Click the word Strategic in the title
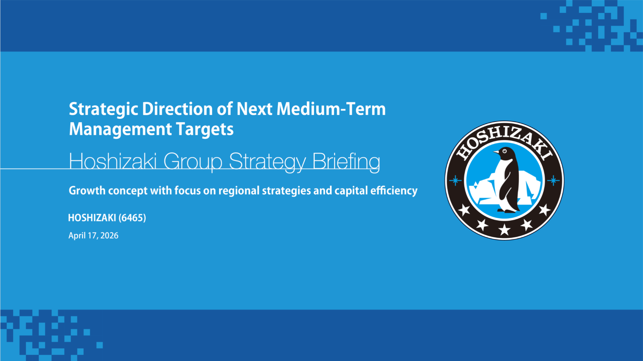[103, 110]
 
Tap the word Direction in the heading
[177, 109]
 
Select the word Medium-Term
[331, 109]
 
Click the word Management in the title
[120, 129]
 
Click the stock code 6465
[132, 218]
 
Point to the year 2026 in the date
[109, 236]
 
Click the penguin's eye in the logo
[504, 151]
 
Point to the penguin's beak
[497, 152]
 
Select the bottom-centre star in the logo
[504, 230]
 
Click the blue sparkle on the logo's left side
[455, 181]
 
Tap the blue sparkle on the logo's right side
[553, 181]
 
